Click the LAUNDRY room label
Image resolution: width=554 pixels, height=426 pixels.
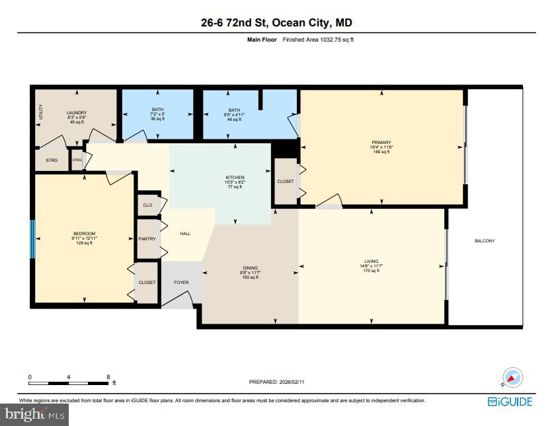pos(77,113)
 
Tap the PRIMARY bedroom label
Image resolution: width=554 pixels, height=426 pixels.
pos(381,143)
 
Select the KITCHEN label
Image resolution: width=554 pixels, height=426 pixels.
pos(235,178)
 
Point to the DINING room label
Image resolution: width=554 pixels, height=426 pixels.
pos(251,267)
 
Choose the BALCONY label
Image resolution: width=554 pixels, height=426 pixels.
pos(485,241)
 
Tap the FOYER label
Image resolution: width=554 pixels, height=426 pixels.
pos(181,283)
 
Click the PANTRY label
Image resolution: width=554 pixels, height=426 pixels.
pos(147,238)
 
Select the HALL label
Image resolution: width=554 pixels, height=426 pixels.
pos(185,233)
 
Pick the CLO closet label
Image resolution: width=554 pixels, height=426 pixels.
pos(147,205)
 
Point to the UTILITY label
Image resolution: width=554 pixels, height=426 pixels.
pos(41,112)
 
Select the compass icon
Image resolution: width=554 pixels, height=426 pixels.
pos(512,378)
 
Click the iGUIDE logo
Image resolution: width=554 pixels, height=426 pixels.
pos(509,402)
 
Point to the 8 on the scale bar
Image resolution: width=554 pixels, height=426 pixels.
pos(108,376)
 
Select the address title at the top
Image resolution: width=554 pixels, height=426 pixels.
pos(276,23)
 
